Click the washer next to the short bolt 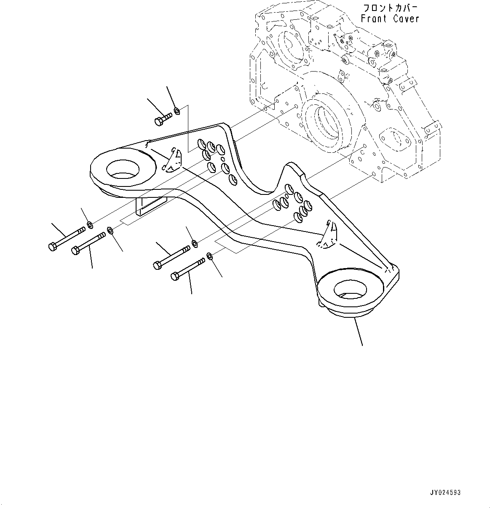click(177, 111)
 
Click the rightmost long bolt click(187, 269)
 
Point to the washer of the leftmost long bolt click(90, 223)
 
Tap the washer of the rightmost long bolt click(210, 255)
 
